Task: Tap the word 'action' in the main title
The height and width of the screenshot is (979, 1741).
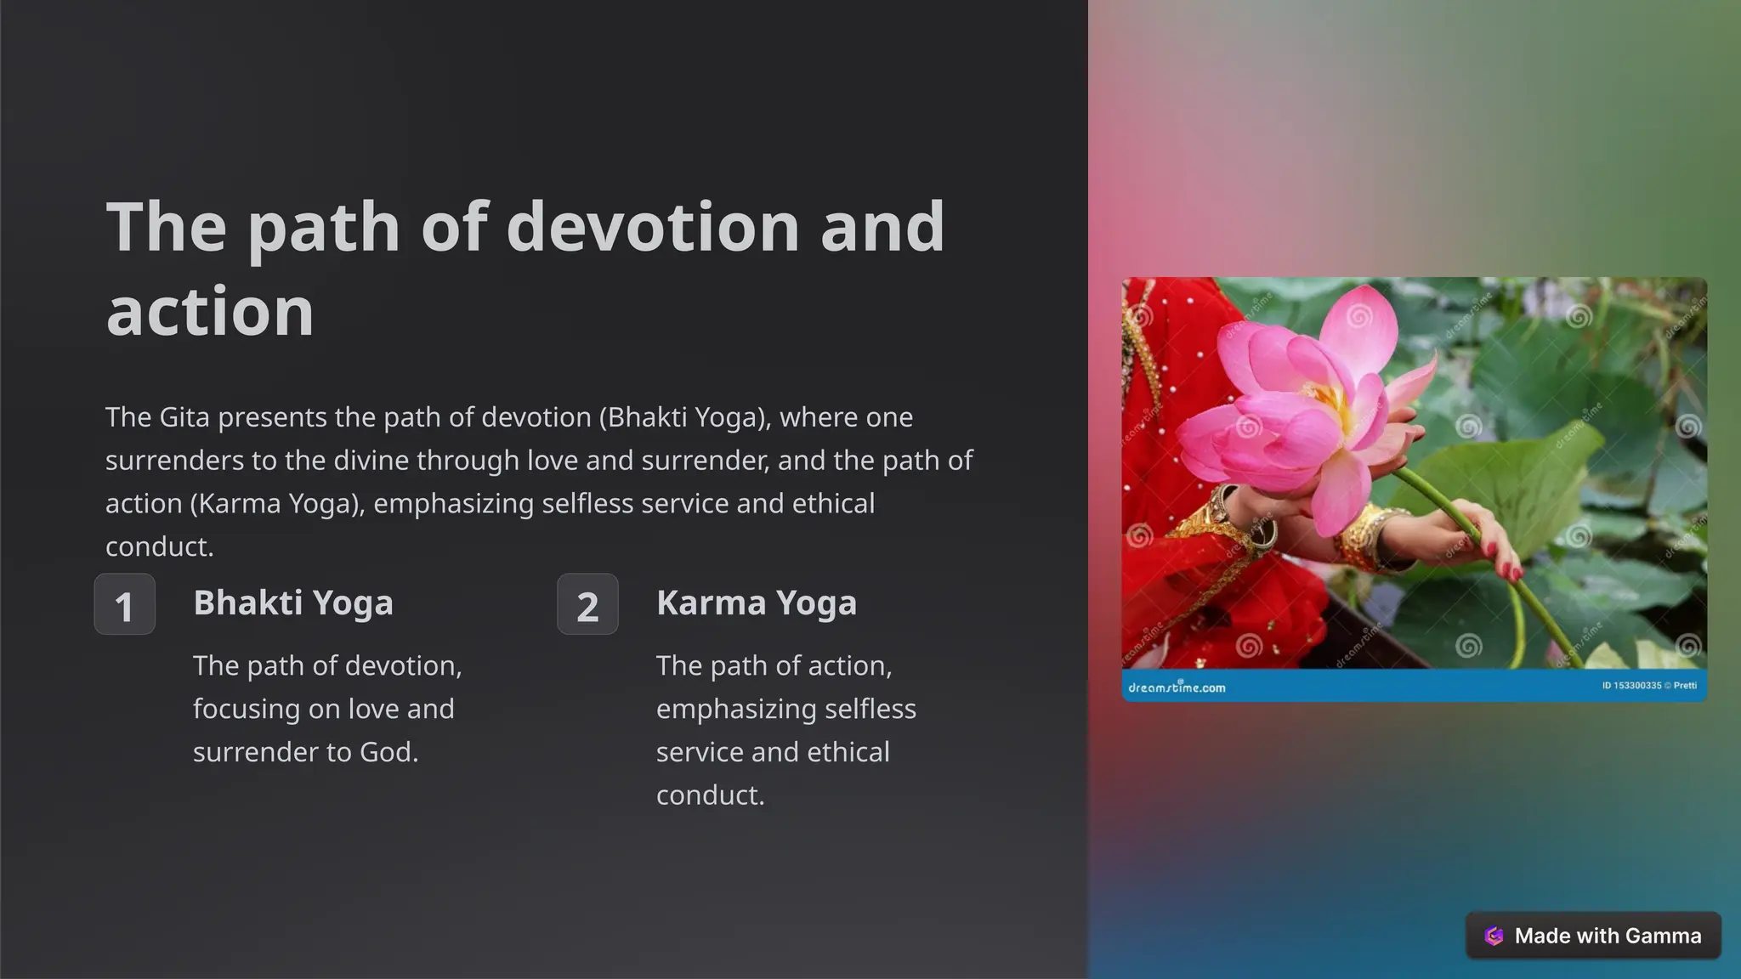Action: click(210, 311)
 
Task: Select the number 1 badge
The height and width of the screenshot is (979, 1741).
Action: click(124, 604)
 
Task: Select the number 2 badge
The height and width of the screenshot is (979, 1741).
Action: click(587, 604)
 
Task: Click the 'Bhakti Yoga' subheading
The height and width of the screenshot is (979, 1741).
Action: click(293, 603)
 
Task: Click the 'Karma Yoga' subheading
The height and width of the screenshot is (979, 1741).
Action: click(757, 603)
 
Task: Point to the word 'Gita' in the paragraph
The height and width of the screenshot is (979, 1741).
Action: click(184, 417)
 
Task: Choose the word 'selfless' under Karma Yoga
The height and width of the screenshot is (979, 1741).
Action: click(868, 709)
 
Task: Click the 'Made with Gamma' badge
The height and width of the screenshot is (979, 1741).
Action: click(1593, 936)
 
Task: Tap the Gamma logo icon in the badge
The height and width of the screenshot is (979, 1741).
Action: click(1494, 936)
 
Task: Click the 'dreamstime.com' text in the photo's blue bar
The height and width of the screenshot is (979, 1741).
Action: click(1177, 687)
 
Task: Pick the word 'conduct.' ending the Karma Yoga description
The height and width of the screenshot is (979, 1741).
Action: click(711, 795)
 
